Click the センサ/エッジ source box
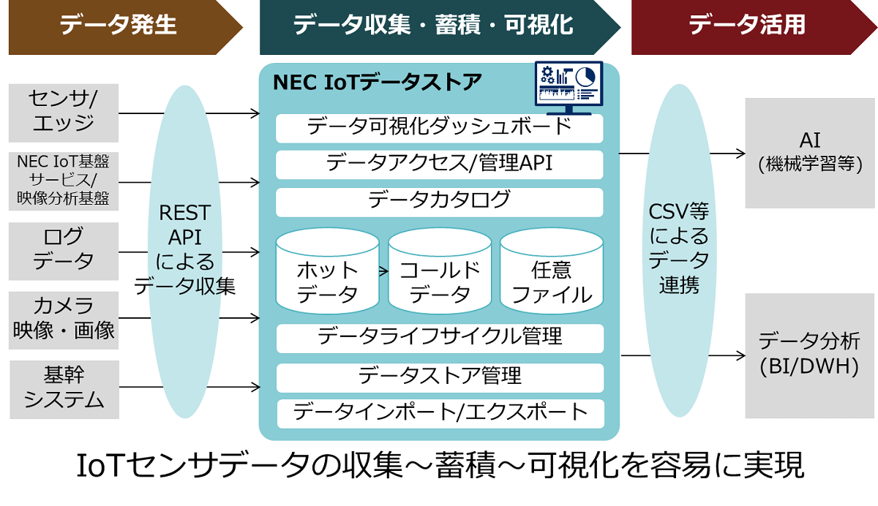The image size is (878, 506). tap(64, 112)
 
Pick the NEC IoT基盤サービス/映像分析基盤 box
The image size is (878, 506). tap(64, 179)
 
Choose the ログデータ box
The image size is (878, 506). tap(64, 250)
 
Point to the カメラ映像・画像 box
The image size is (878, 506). tap(64, 318)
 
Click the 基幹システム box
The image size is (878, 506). tap(64, 388)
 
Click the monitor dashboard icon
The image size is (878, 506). tap(568, 86)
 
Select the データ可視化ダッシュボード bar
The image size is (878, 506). tap(439, 127)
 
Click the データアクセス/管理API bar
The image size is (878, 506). tap(439, 163)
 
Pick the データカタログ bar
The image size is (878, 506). tap(439, 200)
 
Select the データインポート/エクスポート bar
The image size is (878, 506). tap(440, 412)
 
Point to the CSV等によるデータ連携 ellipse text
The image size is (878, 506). tap(679, 249)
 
